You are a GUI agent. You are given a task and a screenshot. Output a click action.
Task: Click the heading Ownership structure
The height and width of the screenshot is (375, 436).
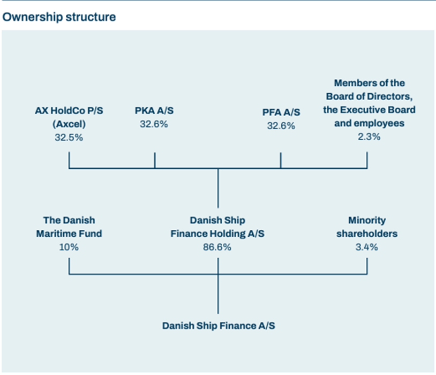tap(59, 17)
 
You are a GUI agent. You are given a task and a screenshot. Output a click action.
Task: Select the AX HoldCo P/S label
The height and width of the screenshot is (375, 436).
tap(69, 111)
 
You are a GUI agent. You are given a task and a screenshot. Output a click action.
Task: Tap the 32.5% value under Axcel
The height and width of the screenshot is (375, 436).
tap(69, 138)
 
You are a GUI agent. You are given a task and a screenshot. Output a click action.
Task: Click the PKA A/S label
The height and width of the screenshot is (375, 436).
tap(154, 111)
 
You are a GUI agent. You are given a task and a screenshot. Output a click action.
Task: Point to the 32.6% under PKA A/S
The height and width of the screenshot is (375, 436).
tap(154, 124)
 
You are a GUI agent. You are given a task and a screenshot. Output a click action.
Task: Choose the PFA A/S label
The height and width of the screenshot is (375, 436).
tap(281, 112)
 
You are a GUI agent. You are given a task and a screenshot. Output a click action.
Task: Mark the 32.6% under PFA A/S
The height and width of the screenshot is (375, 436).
tap(281, 126)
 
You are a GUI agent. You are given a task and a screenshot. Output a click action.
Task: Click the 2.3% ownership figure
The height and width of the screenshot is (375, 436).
tap(369, 137)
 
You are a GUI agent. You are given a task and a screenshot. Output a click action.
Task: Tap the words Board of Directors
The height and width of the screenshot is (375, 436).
tap(369, 96)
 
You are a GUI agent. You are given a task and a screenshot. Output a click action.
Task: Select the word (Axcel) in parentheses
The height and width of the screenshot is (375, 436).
tap(69, 124)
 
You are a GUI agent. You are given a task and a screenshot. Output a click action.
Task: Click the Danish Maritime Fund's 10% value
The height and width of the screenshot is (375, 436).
tap(69, 247)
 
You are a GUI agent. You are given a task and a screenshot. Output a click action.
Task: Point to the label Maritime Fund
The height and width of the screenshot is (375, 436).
tap(69, 234)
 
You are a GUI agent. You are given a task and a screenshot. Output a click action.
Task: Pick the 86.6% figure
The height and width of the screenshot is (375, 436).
tap(217, 247)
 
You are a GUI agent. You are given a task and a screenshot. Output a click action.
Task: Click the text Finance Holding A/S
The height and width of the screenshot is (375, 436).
tap(217, 234)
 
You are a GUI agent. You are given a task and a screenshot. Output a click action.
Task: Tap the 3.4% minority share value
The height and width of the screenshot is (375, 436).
tap(367, 247)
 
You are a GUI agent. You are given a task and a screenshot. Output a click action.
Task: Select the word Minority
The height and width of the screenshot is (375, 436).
tap(367, 220)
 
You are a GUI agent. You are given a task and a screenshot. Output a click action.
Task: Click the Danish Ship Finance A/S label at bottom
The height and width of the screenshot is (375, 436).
tap(219, 326)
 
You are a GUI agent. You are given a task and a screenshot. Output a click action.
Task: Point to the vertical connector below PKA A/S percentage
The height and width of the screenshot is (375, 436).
tap(155, 160)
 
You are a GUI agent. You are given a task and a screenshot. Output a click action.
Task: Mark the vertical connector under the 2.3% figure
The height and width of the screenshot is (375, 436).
tap(367, 160)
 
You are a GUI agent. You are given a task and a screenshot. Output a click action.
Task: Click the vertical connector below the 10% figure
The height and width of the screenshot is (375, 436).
tap(69, 266)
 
